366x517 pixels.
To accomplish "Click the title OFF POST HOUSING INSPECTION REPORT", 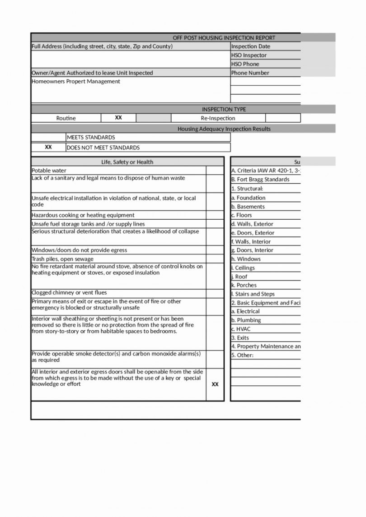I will [x=224, y=38].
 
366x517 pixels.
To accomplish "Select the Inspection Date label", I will [x=250, y=46].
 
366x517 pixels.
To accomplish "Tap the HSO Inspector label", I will [x=249, y=55].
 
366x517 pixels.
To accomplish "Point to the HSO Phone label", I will [x=245, y=64].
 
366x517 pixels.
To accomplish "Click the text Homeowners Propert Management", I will [x=76, y=82].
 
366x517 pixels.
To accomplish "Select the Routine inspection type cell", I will [x=66, y=118].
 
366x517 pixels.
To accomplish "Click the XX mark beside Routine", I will [x=118, y=118].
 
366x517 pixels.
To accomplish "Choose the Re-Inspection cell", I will [x=218, y=118].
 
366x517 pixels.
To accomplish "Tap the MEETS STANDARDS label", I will [x=91, y=138].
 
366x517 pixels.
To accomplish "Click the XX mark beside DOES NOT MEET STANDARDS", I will [x=48, y=148].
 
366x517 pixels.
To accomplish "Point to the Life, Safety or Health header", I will [x=127, y=162].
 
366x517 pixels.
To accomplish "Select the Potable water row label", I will [x=49, y=171].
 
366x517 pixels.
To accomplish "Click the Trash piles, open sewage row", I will [x=63, y=259].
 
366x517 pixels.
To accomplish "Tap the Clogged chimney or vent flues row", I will [x=69, y=293].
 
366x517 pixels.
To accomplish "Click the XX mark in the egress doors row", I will [x=215, y=384].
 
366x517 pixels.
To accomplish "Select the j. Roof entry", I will [x=239, y=277].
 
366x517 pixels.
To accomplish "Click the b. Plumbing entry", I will [x=246, y=320].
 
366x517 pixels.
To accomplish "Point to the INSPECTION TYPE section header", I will [x=224, y=109].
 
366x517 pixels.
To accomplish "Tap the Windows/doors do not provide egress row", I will [x=80, y=250].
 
